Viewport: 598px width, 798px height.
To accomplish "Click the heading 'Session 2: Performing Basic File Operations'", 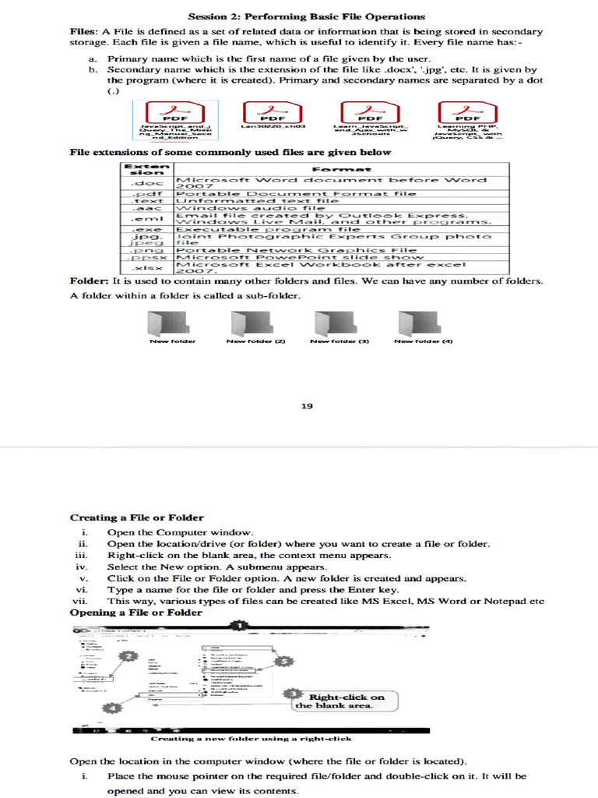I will (307, 16).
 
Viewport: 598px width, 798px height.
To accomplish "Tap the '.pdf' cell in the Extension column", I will (148, 191).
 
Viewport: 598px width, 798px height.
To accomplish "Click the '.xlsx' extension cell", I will (148, 267).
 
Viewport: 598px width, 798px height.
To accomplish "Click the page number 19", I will (306, 405).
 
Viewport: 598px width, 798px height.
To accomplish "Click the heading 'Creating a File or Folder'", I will (137, 517).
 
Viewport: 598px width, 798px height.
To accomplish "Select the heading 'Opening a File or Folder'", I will (136, 613).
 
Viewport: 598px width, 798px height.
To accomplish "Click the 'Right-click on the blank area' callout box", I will (339, 701).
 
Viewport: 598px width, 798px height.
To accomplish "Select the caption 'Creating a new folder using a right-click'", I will (251, 738).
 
